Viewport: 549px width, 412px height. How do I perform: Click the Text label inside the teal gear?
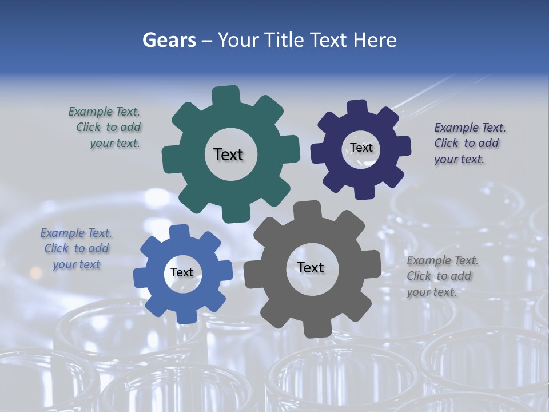click(x=228, y=154)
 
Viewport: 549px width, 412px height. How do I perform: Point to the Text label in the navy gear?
click(x=361, y=148)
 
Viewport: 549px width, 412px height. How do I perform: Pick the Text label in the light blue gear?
click(x=182, y=272)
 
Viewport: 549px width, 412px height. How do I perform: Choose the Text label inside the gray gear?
click(x=311, y=267)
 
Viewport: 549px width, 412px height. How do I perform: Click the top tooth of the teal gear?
click(x=226, y=94)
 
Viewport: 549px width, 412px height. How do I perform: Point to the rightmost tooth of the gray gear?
click(x=373, y=264)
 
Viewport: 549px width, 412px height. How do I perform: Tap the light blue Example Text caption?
click(x=76, y=248)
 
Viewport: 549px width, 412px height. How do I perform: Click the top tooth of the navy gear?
click(x=357, y=107)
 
